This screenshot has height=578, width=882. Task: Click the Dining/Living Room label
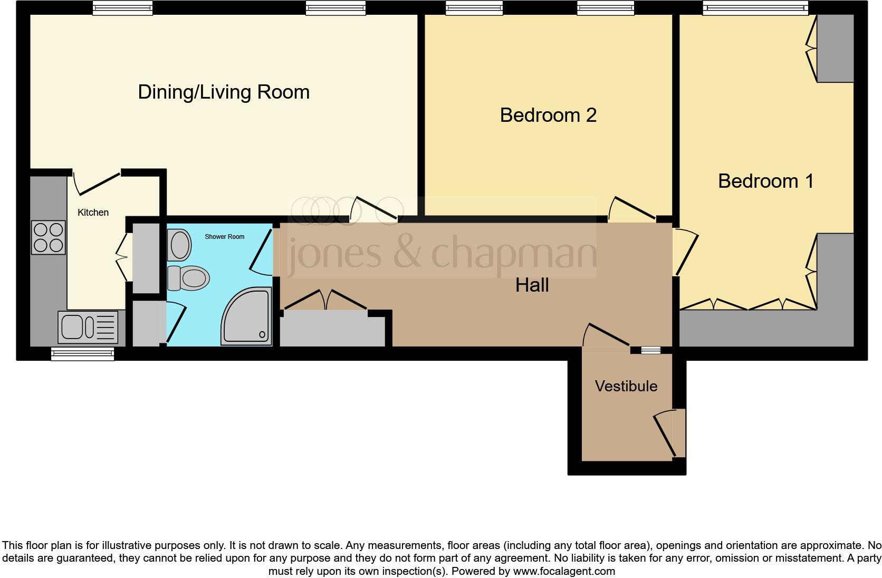click(224, 92)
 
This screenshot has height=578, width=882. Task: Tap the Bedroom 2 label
click(548, 115)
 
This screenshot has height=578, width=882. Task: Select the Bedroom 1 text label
click(766, 181)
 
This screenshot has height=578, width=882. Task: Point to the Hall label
click(532, 285)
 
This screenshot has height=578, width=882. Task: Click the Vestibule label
click(626, 386)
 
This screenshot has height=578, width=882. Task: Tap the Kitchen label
click(93, 213)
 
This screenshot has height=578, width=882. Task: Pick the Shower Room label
click(224, 237)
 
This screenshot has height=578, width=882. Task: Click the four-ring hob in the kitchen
click(49, 237)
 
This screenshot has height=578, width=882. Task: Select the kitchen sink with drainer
click(88, 327)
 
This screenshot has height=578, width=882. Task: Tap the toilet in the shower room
click(188, 278)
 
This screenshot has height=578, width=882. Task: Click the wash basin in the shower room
click(179, 245)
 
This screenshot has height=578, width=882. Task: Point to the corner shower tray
click(247, 316)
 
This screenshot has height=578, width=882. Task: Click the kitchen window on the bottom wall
click(83, 354)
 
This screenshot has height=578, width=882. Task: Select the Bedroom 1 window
click(755, 8)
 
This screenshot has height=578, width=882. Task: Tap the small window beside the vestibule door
click(651, 350)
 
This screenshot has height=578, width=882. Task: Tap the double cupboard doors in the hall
click(325, 300)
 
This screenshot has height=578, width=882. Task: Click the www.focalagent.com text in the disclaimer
click(564, 571)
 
